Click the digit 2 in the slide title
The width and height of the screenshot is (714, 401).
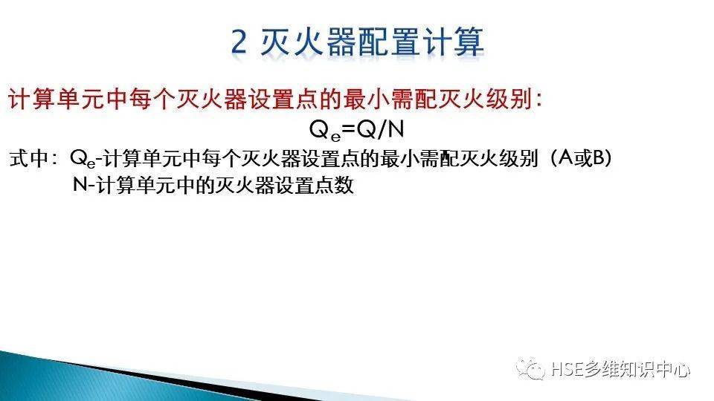239,42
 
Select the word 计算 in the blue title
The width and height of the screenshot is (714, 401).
457,42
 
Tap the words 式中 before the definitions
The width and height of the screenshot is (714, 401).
28,159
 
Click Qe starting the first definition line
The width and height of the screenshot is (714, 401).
83,159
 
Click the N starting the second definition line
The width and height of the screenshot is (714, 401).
80,186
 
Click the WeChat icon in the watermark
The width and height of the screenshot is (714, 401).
534,368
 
